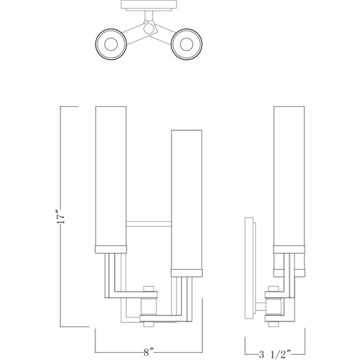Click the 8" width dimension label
[148, 352]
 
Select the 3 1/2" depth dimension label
[274, 354]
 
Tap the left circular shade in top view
[111, 44]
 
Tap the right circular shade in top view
[186, 44]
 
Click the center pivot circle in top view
[148, 28]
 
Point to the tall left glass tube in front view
[111, 176]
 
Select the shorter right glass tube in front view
[186, 199]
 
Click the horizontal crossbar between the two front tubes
[148, 224]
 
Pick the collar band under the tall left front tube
[111, 249]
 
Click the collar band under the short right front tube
[186, 273]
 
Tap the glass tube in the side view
[289, 176]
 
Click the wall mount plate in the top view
[148, 4]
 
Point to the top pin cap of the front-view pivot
[148, 289]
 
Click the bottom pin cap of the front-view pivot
[148, 324]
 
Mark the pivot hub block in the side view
[274, 307]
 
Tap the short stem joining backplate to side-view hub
[260, 307]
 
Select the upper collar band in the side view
[289, 249]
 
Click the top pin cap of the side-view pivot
[273, 289]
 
